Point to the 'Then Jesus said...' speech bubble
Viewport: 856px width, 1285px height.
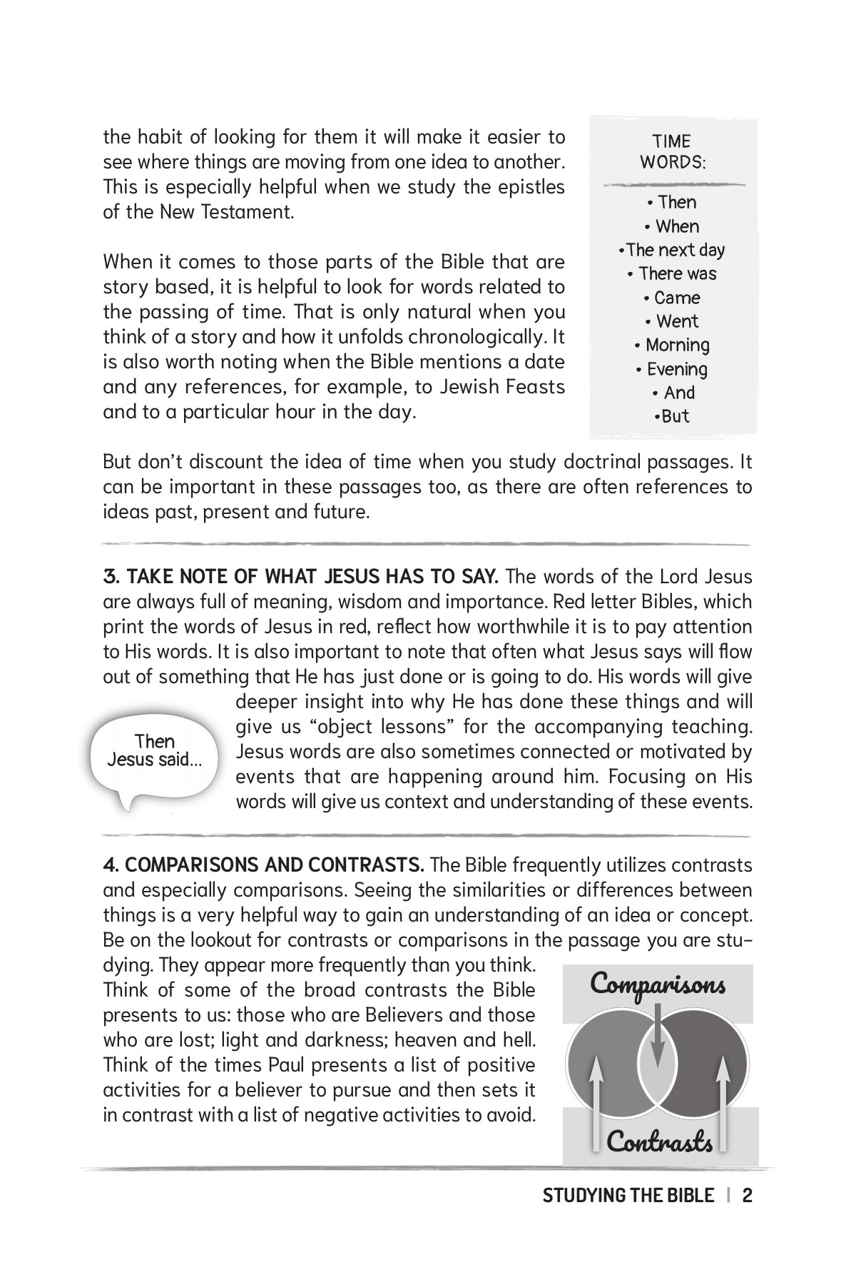click(x=155, y=750)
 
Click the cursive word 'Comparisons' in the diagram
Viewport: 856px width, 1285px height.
click(x=658, y=984)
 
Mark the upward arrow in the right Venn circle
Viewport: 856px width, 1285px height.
click(x=722, y=1099)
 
